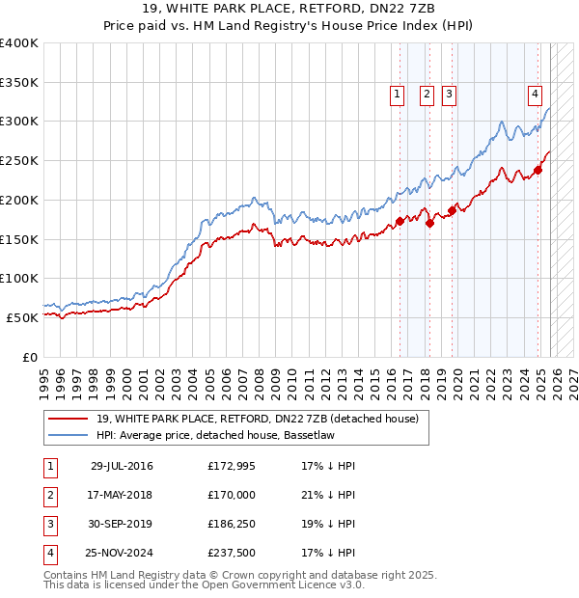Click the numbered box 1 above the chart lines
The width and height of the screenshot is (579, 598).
pos(398,94)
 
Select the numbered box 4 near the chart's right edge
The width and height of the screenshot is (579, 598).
pos(535,94)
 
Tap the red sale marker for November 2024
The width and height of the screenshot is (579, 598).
pos(538,171)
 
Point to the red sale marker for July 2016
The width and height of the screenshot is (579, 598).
pos(400,222)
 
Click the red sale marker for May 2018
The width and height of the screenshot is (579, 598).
pos(429,224)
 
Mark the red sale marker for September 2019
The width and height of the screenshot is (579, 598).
pos(452,211)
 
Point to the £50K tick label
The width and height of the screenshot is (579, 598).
pos(23,316)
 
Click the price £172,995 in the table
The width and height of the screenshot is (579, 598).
pos(232,466)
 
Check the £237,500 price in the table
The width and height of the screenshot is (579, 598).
pos(232,553)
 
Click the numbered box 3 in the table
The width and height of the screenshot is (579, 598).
pos(50,524)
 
